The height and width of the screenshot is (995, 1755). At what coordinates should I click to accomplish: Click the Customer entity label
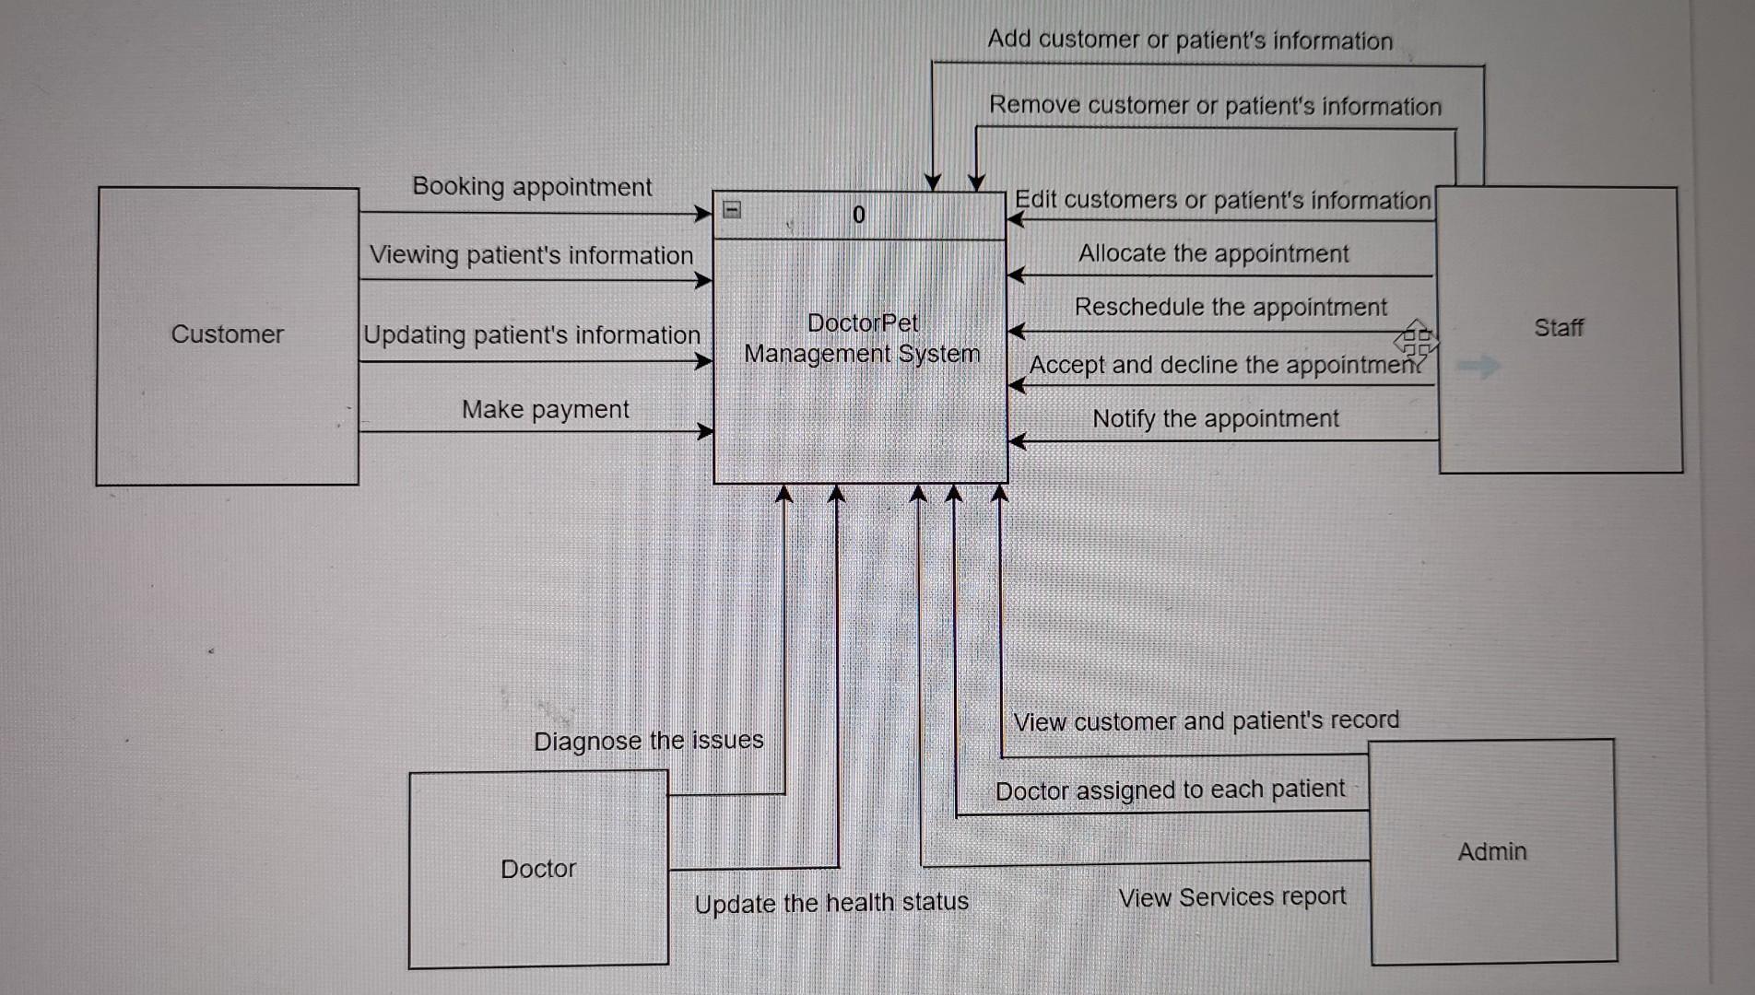[x=227, y=334]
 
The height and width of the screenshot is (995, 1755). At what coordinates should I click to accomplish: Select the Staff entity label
[x=1559, y=327]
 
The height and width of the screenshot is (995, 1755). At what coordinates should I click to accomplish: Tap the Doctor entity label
[x=538, y=869]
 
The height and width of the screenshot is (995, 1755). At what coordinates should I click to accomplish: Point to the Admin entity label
[x=1492, y=851]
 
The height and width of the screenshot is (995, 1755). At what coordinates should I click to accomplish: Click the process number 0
[x=859, y=215]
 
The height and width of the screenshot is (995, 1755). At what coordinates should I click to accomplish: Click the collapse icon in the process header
[x=732, y=210]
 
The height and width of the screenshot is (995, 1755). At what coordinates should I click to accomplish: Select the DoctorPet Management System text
[x=862, y=338]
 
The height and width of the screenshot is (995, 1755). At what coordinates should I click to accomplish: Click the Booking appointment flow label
[x=532, y=186]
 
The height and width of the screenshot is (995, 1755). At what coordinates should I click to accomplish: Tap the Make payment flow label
[x=545, y=409]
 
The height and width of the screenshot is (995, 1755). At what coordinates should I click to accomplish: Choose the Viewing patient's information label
[x=531, y=255]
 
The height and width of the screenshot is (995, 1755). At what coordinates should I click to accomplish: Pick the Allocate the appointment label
[x=1213, y=253]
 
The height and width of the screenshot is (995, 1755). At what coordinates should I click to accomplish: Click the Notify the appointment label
[x=1215, y=418]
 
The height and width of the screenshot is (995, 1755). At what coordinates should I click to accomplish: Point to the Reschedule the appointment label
[x=1231, y=307]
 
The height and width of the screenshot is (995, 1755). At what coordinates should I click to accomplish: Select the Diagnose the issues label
[x=648, y=741]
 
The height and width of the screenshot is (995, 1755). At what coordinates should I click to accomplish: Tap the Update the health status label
[x=831, y=903]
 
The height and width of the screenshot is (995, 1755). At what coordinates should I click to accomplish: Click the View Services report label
[x=1232, y=897]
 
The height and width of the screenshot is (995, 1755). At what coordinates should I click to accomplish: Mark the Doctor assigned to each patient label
[x=1170, y=790]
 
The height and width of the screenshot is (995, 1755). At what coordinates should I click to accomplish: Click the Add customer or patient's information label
[x=1190, y=40]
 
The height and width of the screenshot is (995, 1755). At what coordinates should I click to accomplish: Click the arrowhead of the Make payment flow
[x=705, y=431]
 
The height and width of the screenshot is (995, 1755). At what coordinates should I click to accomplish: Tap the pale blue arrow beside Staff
[x=1478, y=367]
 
